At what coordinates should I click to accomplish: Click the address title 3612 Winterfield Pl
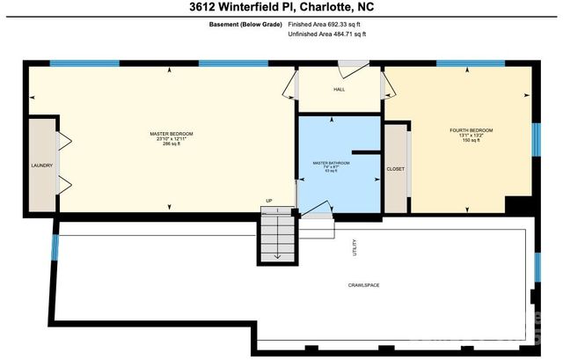point(281,9)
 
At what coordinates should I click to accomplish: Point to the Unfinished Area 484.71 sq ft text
point(327,36)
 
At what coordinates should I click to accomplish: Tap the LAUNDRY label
point(41,165)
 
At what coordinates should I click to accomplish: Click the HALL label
point(340,89)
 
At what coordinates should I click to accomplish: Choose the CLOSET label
point(396,168)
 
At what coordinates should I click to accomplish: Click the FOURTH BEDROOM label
point(472,130)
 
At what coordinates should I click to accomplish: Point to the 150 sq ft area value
point(472,141)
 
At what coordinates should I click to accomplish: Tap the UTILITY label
point(355,250)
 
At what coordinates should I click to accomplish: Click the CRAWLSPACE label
point(363,285)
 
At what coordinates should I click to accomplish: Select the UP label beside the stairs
point(269,201)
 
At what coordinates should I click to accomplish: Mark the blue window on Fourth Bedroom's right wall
point(535,137)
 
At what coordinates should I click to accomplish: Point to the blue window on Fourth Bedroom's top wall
point(463,63)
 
